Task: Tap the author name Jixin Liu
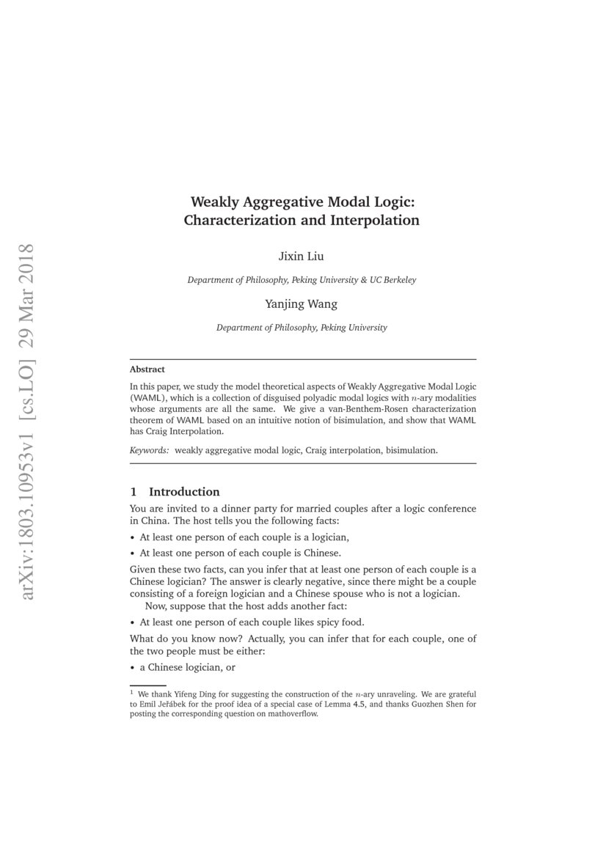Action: point(302,257)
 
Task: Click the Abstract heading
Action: point(147,369)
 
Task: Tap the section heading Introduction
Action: point(184,491)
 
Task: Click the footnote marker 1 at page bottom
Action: point(131,691)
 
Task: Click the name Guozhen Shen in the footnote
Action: point(427,704)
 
